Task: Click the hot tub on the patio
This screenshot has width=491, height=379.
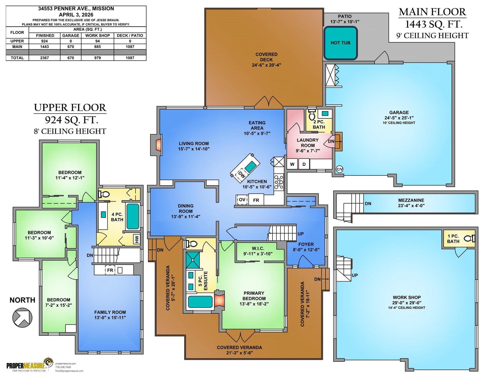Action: click(341, 43)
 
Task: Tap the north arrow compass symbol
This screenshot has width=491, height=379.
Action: click(22, 318)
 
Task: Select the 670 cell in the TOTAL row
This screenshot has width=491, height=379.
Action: click(71, 58)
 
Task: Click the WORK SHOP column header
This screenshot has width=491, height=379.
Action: click(97, 36)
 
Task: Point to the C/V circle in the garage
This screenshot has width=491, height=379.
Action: click(340, 169)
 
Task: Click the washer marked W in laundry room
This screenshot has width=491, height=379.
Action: click(292, 164)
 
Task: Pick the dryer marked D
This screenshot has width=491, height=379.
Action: click(304, 164)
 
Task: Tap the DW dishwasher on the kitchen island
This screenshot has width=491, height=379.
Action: click(241, 174)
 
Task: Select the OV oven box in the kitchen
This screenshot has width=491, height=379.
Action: click(242, 200)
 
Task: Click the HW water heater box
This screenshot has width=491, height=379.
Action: click(137, 239)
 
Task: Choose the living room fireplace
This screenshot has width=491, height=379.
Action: click(158, 145)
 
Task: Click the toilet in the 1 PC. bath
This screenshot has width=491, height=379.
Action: click(469, 238)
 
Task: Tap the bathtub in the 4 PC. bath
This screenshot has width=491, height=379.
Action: click(133, 216)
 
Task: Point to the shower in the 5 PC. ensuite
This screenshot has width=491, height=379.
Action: click(193, 260)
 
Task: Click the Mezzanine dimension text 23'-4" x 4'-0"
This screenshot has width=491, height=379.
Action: click(411, 206)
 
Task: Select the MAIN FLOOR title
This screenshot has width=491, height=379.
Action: click(432, 12)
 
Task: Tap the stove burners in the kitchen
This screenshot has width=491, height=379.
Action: click(279, 182)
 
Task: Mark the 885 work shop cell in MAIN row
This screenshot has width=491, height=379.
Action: click(97, 47)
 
